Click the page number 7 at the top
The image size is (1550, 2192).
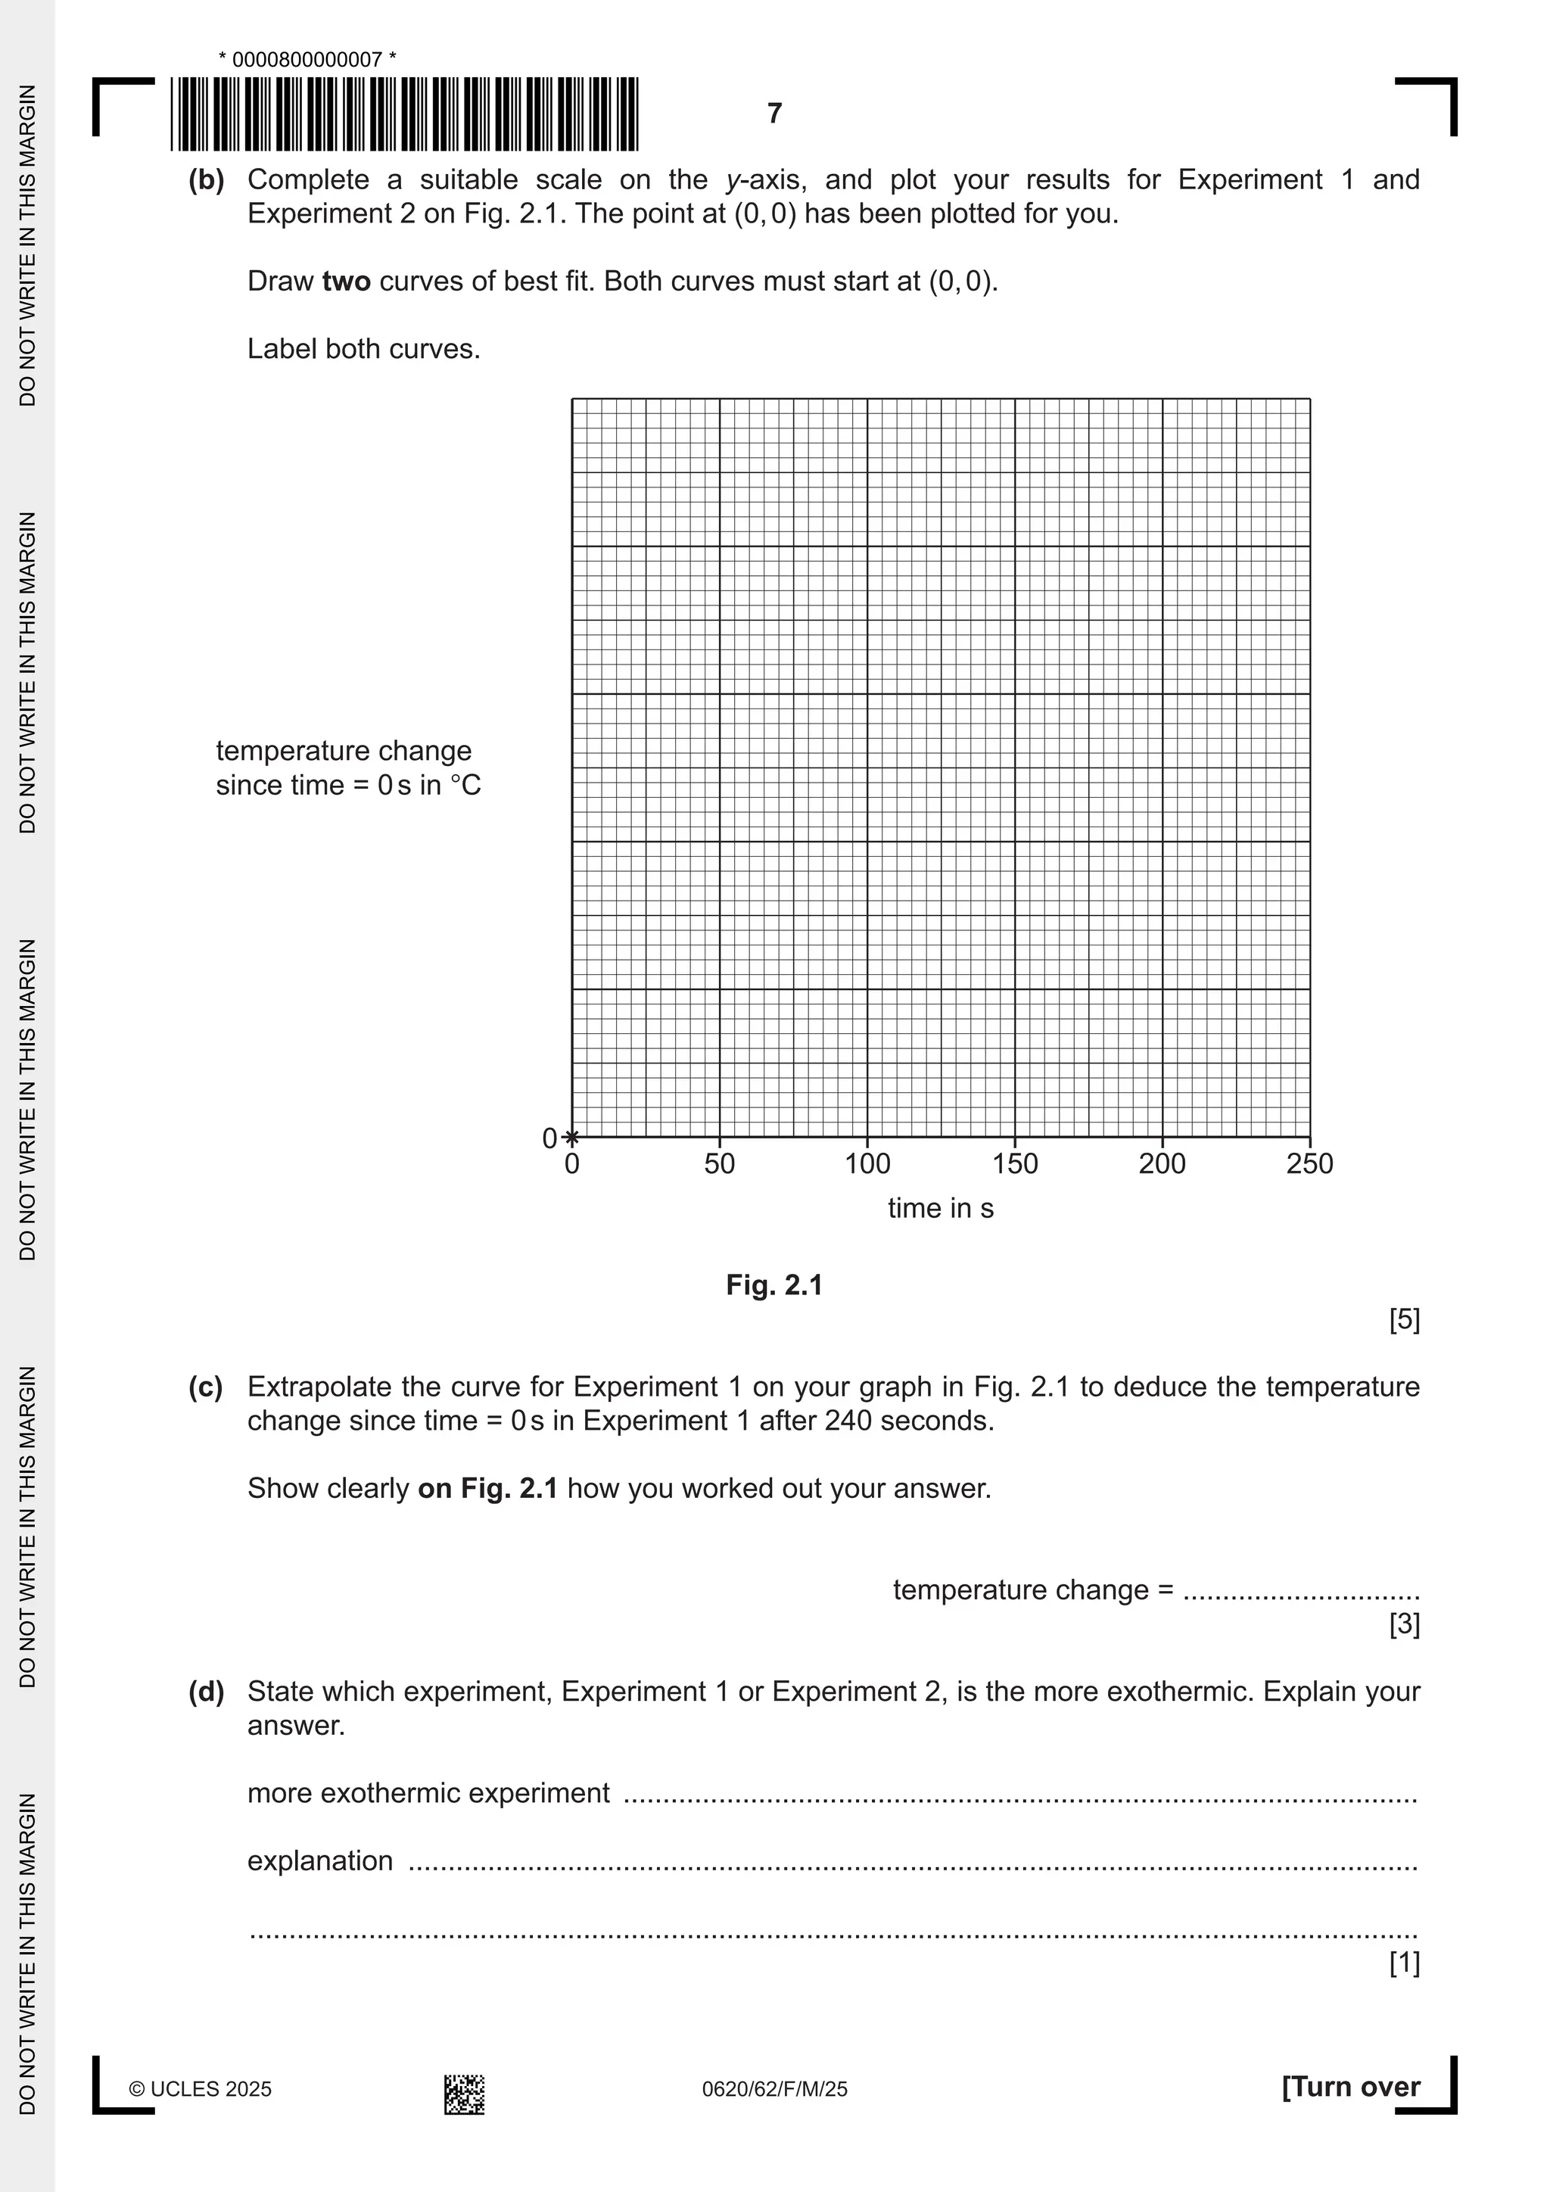tap(774, 114)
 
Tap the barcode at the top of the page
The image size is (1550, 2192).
tap(405, 114)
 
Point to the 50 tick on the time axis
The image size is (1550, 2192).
tap(720, 1164)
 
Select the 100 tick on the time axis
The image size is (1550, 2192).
tap(867, 1164)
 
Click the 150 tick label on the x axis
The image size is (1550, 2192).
tap(1015, 1164)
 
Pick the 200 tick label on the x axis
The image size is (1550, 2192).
tap(1162, 1164)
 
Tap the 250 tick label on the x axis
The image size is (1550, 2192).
tap(1309, 1164)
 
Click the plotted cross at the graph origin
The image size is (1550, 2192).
tap(571, 1137)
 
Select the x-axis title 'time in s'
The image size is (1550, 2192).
tap(940, 1209)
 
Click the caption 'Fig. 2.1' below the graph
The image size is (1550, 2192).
tap(774, 1285)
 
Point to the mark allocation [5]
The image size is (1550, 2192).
tap(1404, 1320)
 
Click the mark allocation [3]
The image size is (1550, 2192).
tap(1404, 1624)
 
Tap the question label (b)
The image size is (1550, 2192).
tap(206, 180)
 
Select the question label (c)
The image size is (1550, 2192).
tap(206, 1387)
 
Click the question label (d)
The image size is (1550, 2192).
tap(206, 1692)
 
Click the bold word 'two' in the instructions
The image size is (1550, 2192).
tap(347, 282)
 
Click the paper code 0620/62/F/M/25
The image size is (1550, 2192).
tap(774, 2089)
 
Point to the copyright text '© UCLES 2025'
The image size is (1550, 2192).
tap(201, 2089)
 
